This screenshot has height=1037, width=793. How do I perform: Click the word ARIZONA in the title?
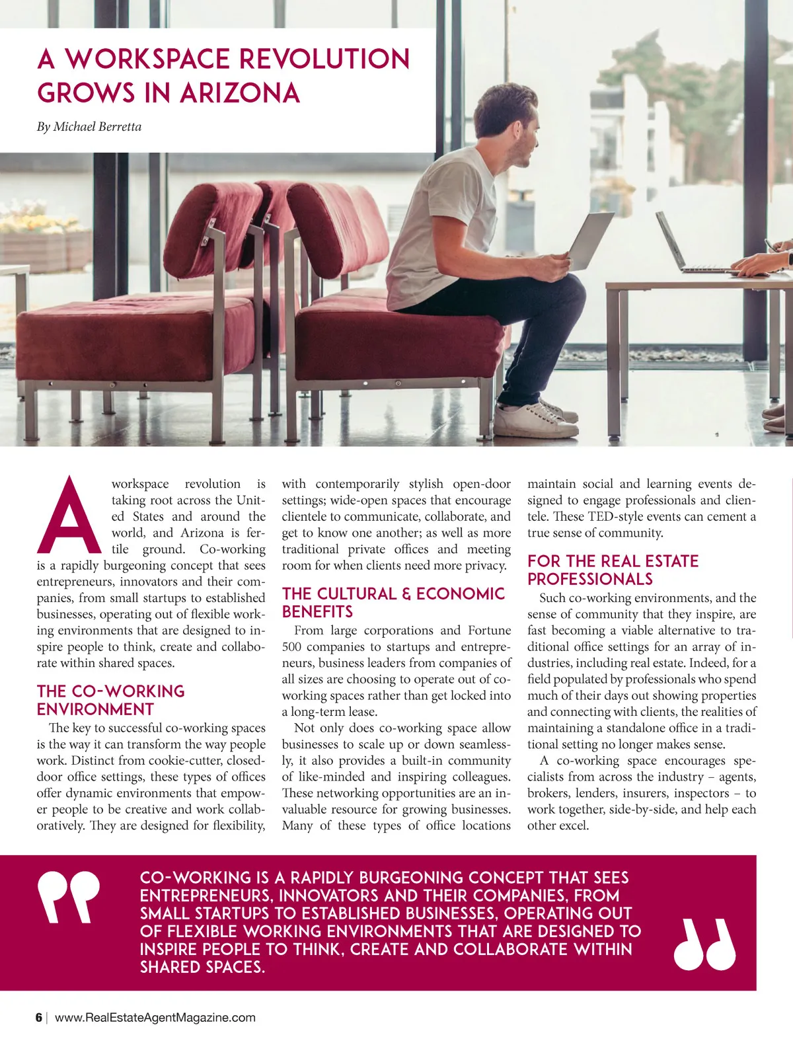click(x=240, y=93)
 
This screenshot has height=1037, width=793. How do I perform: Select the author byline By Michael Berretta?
click(x=89, y=127)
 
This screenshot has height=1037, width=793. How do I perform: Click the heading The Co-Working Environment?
click(x=111, y=701)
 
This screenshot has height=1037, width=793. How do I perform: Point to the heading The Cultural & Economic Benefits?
click(x=393, y=602)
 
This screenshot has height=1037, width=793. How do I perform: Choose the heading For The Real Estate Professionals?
click(x=613, y=570)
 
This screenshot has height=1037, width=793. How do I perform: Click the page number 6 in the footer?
click(x=39, y=1017)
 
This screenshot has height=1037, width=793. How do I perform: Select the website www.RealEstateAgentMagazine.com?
click(x=155, y=1017)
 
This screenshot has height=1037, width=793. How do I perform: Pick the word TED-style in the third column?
click(x=614, y=516)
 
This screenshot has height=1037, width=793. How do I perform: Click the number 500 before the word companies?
click(x=291, y=646)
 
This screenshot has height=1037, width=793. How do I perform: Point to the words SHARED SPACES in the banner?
click(x=202, y=967)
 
